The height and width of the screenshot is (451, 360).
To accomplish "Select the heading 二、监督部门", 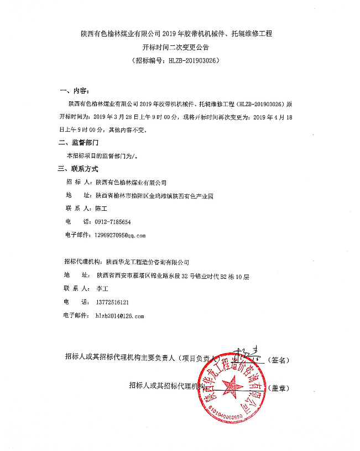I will (x=80, y=143).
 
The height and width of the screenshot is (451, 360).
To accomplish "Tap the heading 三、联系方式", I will (x=80, y=169).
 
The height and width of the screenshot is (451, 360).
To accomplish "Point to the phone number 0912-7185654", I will (x=113, y=221).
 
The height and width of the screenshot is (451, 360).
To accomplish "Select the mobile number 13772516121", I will (x=112, y=302).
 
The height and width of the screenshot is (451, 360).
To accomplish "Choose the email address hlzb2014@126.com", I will (x=119, y=316).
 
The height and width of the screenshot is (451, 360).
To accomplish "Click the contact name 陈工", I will (x=101, y=208).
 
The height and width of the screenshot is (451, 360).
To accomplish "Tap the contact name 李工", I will (x=102, y=288).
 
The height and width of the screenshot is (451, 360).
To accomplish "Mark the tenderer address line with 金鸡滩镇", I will (x=154, y=195).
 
